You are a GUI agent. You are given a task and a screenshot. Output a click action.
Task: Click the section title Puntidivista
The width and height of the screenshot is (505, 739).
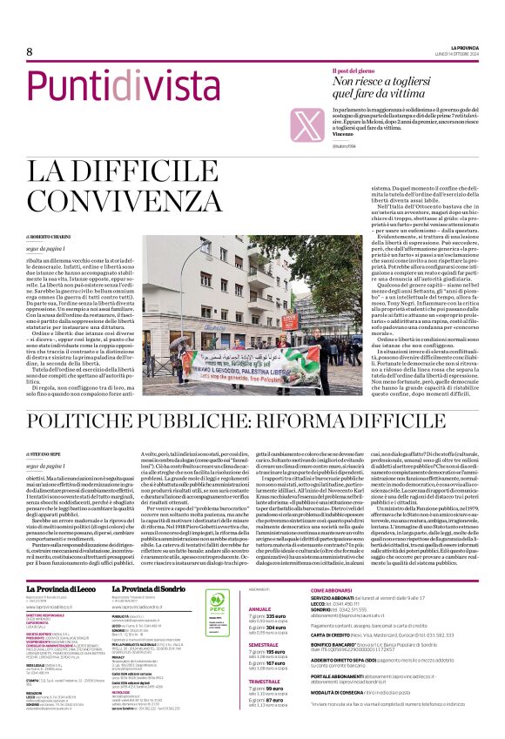(122, 86)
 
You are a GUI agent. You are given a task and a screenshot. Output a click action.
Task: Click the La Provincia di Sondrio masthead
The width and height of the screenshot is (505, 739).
(155, 565)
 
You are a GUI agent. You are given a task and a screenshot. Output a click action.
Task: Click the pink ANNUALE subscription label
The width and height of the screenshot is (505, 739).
(260, 584)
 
